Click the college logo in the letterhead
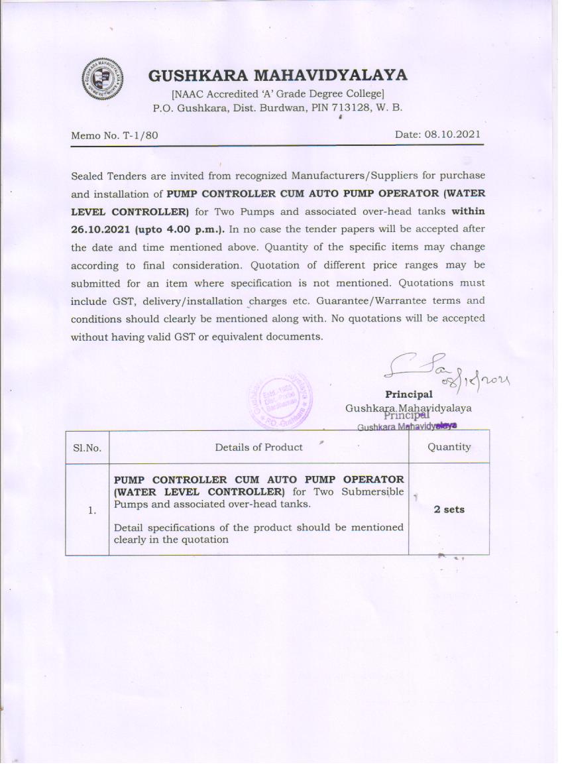pos(103,79)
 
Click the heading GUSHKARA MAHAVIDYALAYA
pos(277,76)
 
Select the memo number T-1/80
pos(140,135)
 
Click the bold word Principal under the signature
pos(409,394)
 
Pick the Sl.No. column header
pos(87,447)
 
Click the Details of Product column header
pos(258,447)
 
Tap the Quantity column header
pos(449,447)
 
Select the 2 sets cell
pos(449,509)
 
